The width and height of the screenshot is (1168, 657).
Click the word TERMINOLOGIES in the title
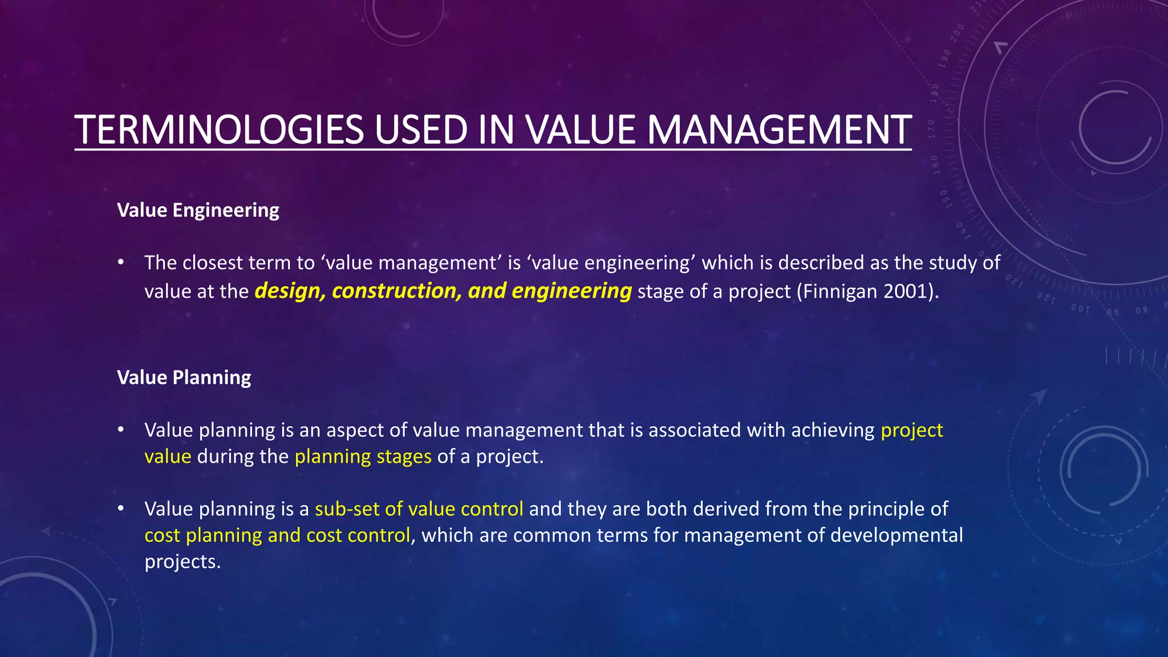[x=219, y=130]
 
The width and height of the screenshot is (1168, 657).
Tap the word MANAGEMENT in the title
[x=779, y=130]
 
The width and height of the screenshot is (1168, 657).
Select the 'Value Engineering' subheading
[x=198, y=210]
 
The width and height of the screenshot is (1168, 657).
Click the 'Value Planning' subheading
[x=184, y=378]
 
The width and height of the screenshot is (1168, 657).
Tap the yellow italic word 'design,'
[x=290, y=291]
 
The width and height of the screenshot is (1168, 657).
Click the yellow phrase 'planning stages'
[x=363, y=457]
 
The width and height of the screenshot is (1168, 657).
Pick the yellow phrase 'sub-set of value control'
[x=419, y=509]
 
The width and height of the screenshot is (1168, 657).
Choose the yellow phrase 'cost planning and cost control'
[x=277, y=536]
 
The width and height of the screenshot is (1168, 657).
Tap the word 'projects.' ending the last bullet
[x=182, y=562]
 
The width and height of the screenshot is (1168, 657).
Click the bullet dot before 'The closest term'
[x=120, y=263]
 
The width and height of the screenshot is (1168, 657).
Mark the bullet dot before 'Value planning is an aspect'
[x=120, y=430]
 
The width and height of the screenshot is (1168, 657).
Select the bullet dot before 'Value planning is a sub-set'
[x=120, y=509]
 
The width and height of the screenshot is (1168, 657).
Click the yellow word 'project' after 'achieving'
[x=911, y=431]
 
